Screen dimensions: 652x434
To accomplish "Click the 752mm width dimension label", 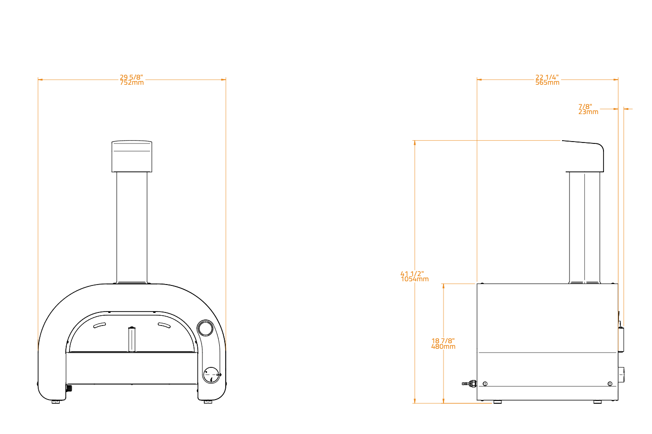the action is (132, 83).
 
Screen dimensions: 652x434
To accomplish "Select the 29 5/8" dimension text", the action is (131, 77).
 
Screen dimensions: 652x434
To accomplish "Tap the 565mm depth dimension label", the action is (547, 83).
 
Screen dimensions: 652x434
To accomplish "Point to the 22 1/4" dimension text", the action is (547, 77).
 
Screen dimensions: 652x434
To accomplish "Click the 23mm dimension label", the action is (588, 112).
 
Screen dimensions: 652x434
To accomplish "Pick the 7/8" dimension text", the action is (585, 106).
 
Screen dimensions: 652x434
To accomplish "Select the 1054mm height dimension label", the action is (415, 279).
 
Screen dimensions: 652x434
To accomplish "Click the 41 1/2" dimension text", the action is (412, 273).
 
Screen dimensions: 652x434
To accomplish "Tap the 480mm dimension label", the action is (444, 347).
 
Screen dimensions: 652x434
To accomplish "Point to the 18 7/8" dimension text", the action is (443, 341).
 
